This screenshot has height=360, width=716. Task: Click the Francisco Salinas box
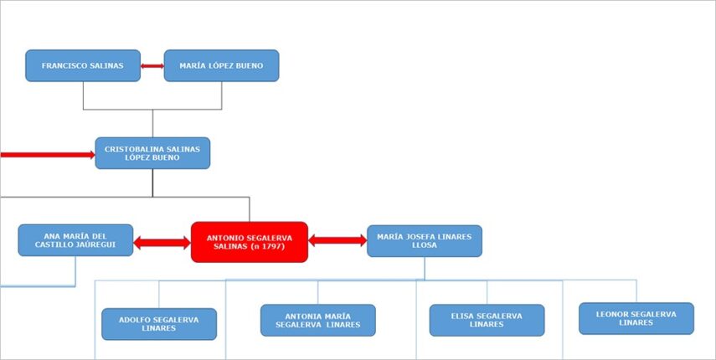[x=83, y=65]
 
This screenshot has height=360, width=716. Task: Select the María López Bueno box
[x=221, y=65]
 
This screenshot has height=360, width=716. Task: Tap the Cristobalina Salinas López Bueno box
[x=152, y=153]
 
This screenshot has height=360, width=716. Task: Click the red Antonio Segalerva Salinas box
[x=250, y=242]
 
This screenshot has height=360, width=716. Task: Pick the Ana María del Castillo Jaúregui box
[x=75, y=240]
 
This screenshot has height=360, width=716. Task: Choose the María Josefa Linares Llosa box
[x=425, y=241]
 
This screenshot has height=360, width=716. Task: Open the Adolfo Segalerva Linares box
[x=159, y=324]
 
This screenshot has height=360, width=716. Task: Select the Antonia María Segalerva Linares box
[x=318, y=320]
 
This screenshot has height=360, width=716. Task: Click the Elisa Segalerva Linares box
[x=487, y=320]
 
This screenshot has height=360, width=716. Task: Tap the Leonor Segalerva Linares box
[x=636, y=318]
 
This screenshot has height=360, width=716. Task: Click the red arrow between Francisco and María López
[x=152, y=65]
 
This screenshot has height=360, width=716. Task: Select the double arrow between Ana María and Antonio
[x=162, y=243]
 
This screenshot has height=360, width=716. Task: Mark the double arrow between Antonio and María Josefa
[x=337, y=240]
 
